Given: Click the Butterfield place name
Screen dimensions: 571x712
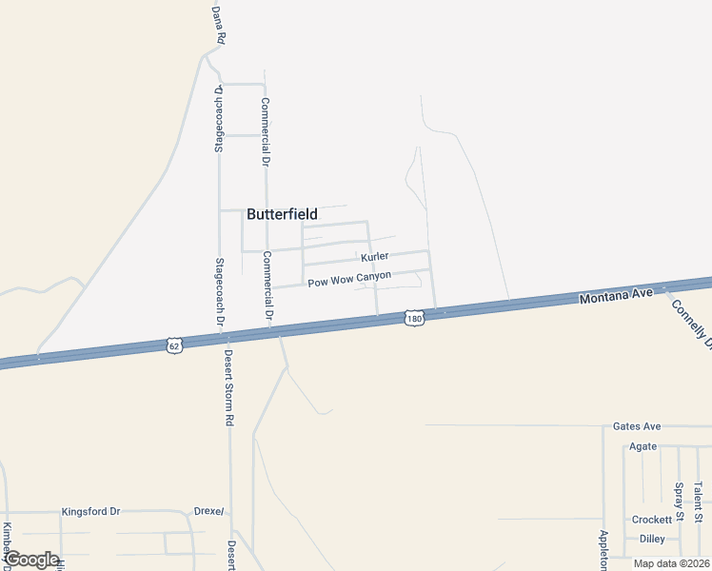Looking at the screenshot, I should point(282,214).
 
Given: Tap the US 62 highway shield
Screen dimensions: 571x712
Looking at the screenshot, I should point(171,343).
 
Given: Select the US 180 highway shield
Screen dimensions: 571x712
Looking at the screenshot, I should point(412,317).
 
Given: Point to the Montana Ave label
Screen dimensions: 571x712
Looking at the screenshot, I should point(616,296).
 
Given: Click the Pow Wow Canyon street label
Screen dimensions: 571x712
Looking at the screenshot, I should point(349,281).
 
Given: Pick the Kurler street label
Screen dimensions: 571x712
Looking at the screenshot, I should point(375,257).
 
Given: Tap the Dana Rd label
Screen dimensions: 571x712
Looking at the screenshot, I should point(218,26).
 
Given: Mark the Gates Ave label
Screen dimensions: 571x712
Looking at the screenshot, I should point(637,426).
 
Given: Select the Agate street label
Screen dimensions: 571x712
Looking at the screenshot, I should point(642,445).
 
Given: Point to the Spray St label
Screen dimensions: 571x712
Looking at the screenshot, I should point(679,502).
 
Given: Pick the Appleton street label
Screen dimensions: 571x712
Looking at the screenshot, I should point(603,550).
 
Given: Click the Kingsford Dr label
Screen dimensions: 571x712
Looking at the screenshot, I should point(90,511).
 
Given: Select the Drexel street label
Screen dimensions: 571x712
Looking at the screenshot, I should point(209,511).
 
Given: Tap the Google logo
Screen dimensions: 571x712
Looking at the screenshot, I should point(32,560).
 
